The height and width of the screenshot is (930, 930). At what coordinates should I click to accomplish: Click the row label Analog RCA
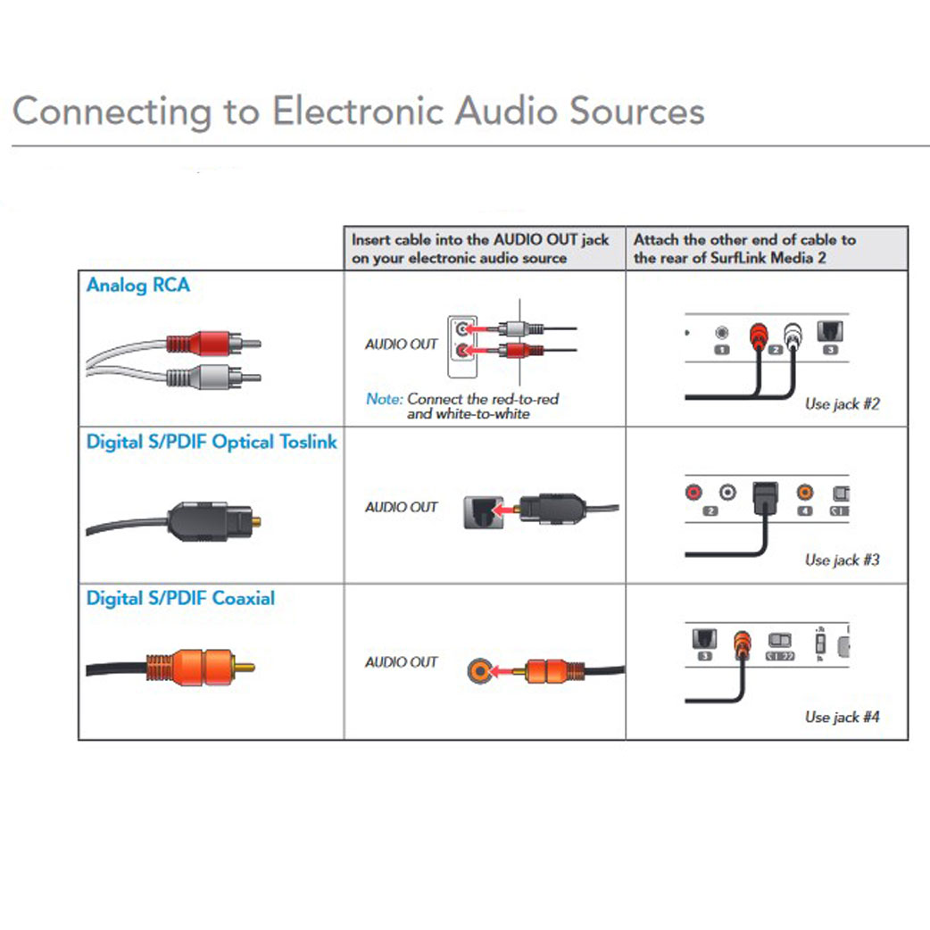(x=138, y=286)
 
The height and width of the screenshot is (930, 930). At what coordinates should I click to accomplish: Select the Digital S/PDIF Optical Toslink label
(x=212, y=442)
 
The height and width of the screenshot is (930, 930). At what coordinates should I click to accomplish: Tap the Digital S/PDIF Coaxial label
(x=180, y=598)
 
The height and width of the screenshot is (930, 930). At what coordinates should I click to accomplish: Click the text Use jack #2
(x=842, y=403)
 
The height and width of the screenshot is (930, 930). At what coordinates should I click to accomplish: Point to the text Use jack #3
(x=842, y=560)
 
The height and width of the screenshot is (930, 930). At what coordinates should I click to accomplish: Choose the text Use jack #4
(x=842, y=717)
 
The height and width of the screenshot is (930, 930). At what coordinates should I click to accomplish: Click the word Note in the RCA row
(x=384, y=399)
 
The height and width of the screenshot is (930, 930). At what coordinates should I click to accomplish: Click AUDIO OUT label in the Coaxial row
(x=402, y=662)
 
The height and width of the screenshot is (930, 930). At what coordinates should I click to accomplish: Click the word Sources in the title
(x=636, y=112)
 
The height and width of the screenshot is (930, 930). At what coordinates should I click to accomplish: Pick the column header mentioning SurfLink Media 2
(x=744, y=249)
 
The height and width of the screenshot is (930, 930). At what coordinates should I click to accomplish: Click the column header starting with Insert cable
(x=480, y=249)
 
